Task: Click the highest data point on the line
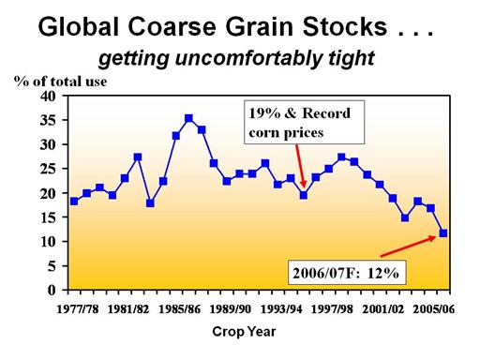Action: [x=188, y=118]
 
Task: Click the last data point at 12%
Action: [x=443, y=233]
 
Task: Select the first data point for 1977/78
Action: [x=74, y=202]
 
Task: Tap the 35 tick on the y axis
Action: [x=48, y=120]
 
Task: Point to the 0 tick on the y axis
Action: [x=52, y=291]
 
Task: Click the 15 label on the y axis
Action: [x=48, y=217]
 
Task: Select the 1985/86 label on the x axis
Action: [x=179, y=309]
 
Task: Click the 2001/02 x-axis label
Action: [x=382, y=309]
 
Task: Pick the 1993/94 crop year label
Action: [x=281, y=309]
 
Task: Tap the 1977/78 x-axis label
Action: [x=78, y=309]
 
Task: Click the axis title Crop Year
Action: [x=244, y=332]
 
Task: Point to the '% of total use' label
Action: [x=61, y=82]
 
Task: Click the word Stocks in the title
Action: [x=345, y=26]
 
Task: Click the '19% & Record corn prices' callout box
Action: [x=304, y=122]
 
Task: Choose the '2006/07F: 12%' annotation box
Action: [x=347, y=273]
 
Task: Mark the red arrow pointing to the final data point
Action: [x=408, y=247]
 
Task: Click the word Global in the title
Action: [x=80, y=26]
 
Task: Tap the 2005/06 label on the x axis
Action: [x=434, y=309]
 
